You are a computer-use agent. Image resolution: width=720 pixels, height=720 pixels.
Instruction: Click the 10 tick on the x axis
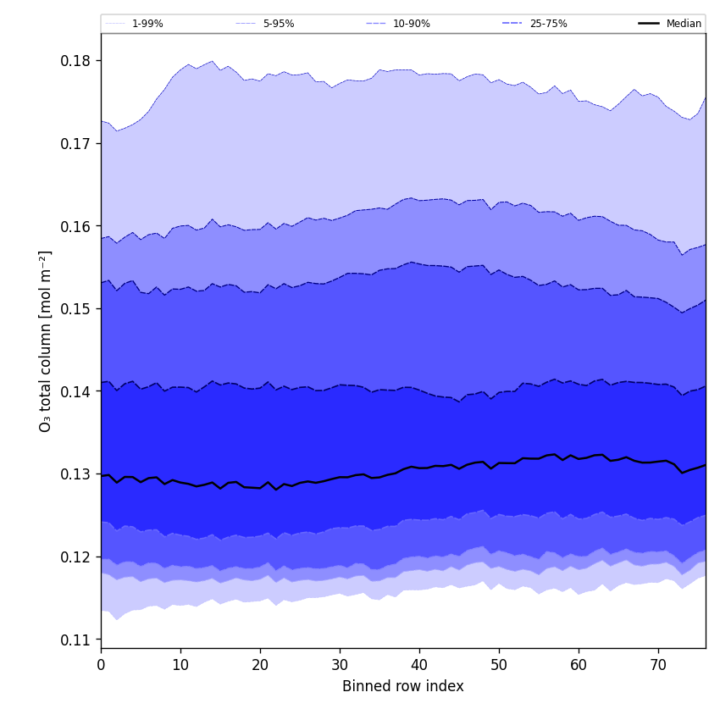[x=180, y=665]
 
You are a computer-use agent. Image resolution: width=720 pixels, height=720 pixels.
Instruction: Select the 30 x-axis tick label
[x=340, y=665]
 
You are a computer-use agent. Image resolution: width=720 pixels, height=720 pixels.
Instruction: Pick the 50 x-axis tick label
[x=499, y=665]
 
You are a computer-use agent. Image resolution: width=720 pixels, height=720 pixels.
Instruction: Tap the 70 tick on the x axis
[x=658, y=665]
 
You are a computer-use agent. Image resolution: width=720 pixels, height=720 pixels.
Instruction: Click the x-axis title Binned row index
[x=403, y=686]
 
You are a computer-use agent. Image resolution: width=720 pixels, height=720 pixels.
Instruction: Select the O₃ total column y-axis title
[x=46, y=341]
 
